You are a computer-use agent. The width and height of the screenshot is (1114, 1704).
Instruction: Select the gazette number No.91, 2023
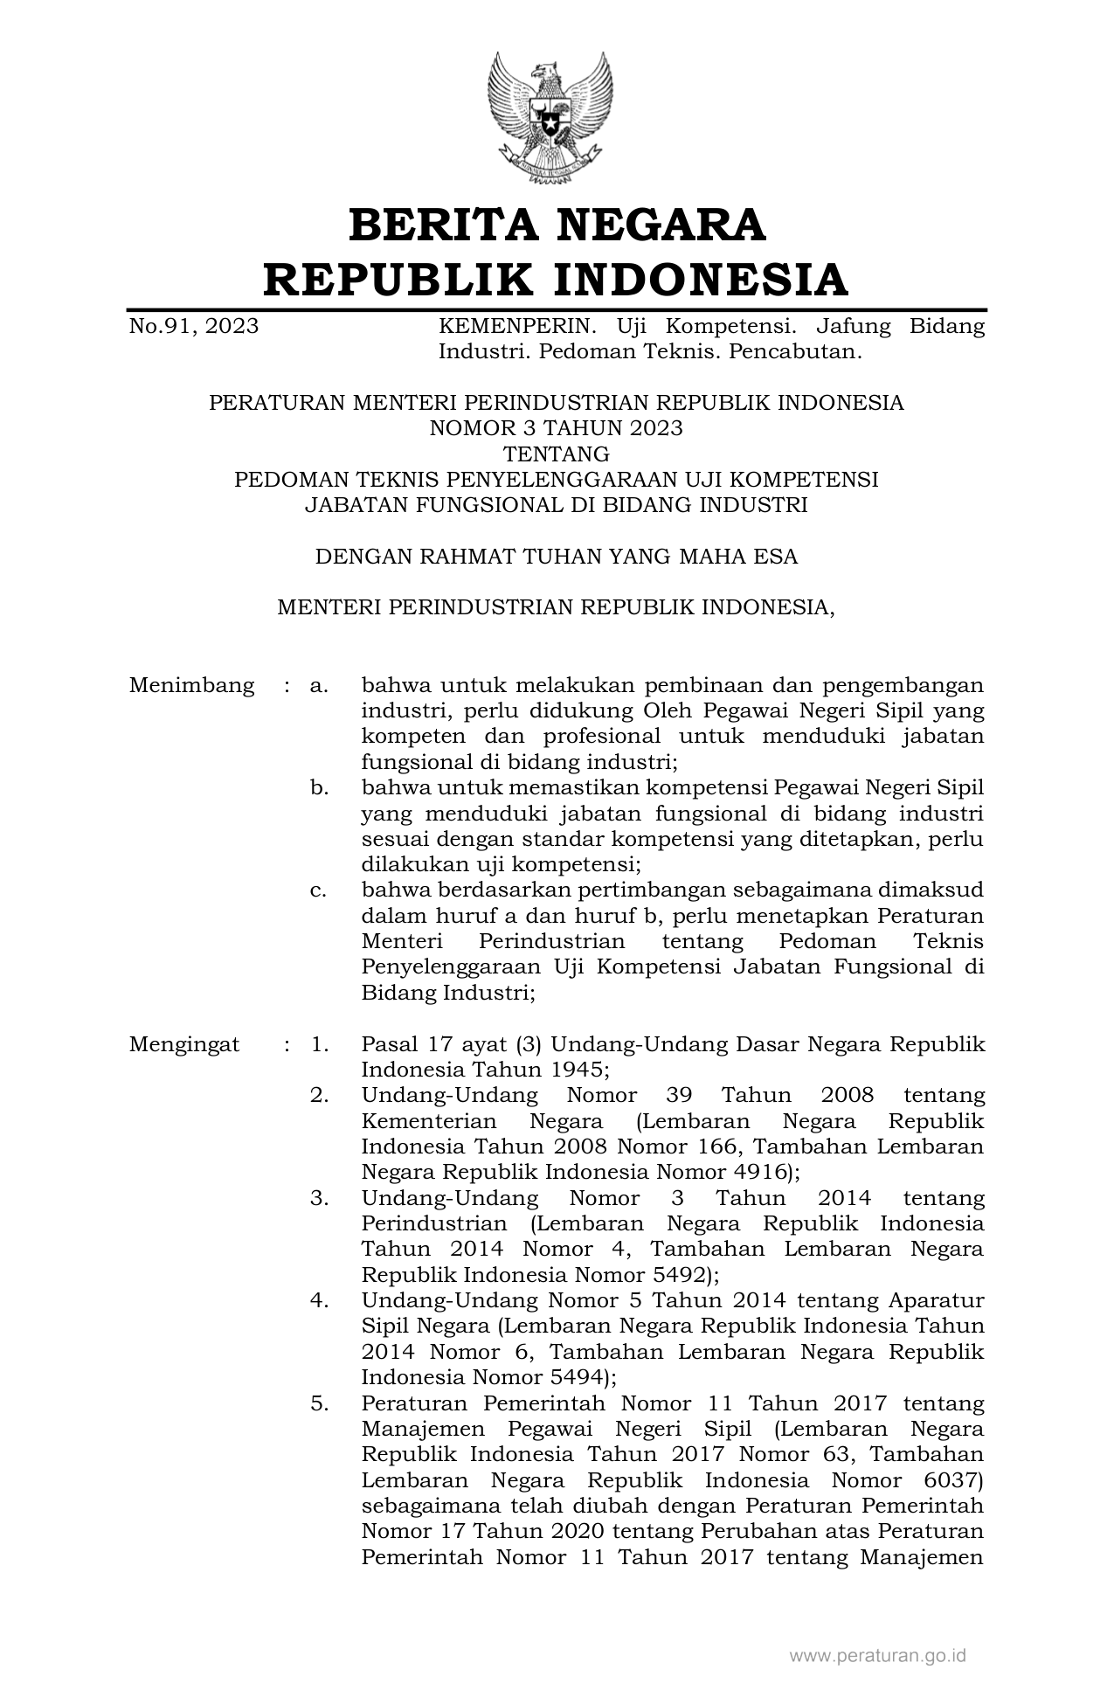point(194,327)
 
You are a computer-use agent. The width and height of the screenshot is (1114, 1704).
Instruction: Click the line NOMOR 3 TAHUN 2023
point(556,428)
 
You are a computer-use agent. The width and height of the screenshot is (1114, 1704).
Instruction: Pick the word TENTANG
point(556,454)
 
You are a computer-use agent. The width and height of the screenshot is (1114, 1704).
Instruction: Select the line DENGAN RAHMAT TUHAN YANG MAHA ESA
point(556,557)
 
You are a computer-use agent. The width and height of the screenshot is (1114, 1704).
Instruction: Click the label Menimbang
point(192,685)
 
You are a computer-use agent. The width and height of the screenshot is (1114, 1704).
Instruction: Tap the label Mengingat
point(184,1044)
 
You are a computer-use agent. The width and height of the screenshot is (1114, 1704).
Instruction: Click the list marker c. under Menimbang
point(319,890)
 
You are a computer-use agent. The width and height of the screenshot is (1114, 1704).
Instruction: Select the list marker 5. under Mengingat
point(319,1403)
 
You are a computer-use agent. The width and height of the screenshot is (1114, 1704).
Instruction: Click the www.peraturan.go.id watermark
point(877,1655)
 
